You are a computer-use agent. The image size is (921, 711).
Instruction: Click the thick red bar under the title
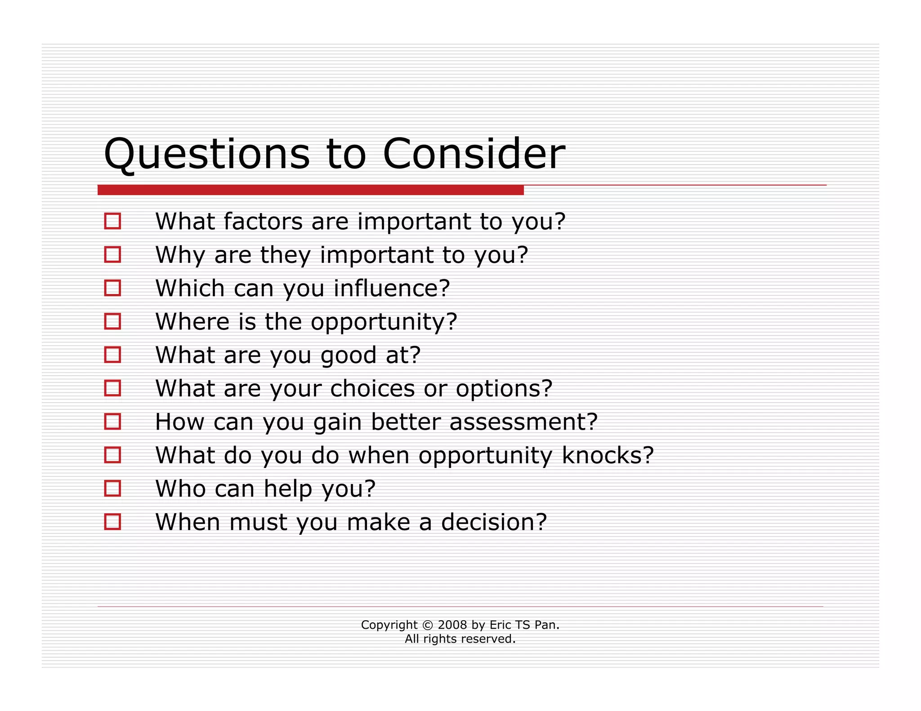click(310, 190)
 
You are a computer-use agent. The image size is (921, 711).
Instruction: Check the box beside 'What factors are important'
click(112, 221)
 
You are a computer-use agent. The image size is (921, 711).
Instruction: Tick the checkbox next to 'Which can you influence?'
click(112, 288)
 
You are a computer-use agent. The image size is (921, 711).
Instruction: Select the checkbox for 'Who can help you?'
click(112, 489)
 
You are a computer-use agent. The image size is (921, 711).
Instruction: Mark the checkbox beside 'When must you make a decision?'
click(112, 522)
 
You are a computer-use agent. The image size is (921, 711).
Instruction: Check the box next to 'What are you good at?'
click(112, 355)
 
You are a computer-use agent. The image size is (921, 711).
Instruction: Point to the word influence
click(391, 288)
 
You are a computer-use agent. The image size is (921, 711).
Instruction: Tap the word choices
click(372, 388)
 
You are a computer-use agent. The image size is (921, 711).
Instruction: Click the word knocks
click(607, 455)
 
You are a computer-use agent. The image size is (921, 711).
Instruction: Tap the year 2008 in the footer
click(452, 625)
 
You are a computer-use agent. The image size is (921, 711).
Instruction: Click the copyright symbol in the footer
click(428, 625)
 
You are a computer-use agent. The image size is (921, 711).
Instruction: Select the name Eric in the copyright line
click(500, 625)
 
